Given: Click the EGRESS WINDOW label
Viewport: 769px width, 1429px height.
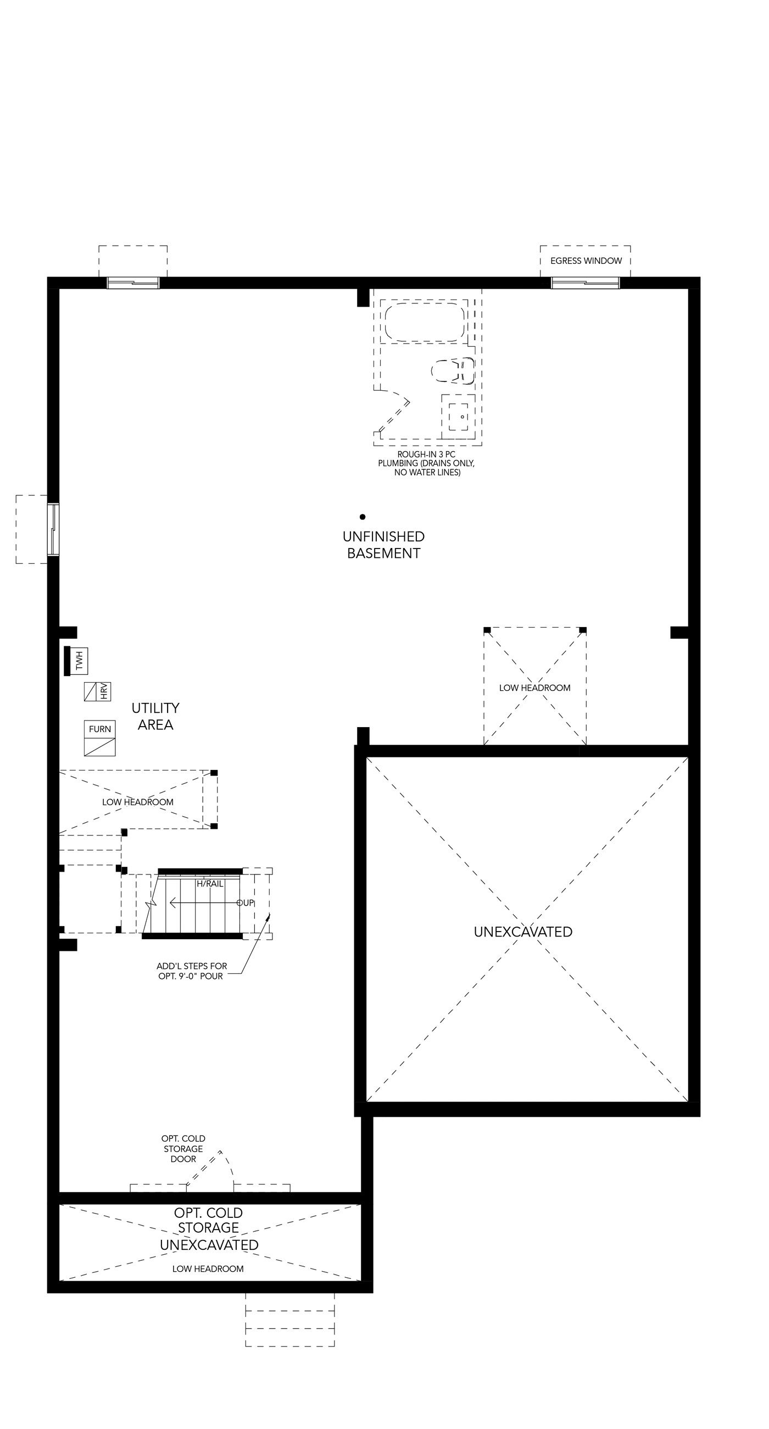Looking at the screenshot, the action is tap(586, 261).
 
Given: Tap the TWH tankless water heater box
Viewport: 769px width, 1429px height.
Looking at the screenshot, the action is tap(76, 661).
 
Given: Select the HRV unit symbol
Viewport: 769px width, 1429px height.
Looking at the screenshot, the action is tap(98, 691).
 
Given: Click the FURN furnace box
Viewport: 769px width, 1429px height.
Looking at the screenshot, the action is tap(100, 738).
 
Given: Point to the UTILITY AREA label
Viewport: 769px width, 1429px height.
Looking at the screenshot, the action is tap(155, 716).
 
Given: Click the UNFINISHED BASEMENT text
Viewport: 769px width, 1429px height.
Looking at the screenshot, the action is tap(383, 545).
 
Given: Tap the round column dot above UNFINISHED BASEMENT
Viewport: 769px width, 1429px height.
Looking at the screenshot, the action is tap(363, 517).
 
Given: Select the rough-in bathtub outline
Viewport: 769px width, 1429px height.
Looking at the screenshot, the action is tap(424, 322).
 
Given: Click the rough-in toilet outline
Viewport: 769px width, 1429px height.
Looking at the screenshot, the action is tap(453, 370).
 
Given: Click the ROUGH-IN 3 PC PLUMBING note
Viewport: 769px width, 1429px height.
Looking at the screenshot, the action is tap(427, 463).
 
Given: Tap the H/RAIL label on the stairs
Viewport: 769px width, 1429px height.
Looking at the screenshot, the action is tap(210, 884).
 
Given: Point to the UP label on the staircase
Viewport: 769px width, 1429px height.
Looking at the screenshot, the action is tap(246, 903).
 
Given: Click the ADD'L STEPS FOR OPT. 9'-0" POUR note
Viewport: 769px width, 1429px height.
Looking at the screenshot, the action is tap(191, 971).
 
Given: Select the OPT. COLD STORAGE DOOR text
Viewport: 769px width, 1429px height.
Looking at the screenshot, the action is tap(183, 1149).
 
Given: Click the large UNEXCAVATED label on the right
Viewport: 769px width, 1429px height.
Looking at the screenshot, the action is tap(523, 932).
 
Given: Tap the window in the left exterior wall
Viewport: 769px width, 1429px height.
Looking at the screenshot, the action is tap(53, 529).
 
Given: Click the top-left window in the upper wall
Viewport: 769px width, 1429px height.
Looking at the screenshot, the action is tap(133, 283).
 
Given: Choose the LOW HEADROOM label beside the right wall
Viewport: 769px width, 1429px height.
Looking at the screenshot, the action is tap(534, 688).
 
